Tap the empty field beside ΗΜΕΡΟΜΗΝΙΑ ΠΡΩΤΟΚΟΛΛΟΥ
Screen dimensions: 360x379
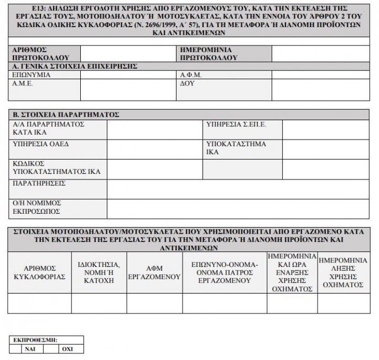(x=320, y=53)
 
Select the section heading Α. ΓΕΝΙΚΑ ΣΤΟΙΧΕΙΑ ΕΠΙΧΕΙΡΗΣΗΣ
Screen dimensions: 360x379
(x=75, y=66)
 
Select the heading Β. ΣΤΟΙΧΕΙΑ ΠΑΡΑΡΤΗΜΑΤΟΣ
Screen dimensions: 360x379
(x=66, y=115)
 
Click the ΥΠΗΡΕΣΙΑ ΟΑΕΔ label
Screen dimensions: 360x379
(x=40, y=144)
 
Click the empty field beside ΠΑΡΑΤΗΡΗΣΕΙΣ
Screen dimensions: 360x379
(x=238, y=189)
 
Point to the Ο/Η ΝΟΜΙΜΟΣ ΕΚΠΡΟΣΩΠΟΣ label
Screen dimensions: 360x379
(x=37, y=207)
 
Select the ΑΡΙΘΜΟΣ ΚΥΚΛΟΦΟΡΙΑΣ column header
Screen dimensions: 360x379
(x=39, y=272)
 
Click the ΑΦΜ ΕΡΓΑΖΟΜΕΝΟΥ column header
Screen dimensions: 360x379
(x=154, y=272)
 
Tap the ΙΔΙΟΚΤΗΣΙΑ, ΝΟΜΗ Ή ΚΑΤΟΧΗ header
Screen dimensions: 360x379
(x=100, y=272)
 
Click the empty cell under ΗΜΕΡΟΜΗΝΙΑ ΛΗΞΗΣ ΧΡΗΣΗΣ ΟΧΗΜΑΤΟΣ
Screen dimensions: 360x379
(x=344, y=304)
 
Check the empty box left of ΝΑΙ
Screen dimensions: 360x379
(x=15, y=349)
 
